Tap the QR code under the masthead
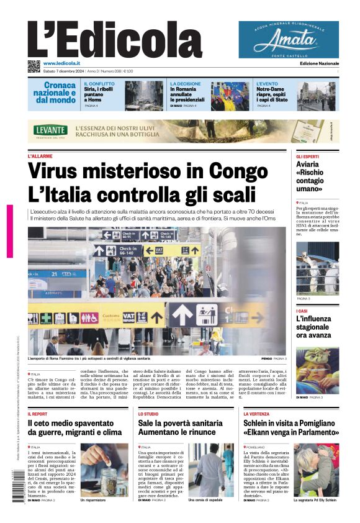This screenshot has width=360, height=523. click(34, 66)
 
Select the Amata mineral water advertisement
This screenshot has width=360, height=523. click(289, 39)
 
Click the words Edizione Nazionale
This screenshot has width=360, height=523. click(319, 63)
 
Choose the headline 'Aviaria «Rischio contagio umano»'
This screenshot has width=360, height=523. click(310, 176)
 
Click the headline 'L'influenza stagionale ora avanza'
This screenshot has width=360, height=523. click(313, 327)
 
